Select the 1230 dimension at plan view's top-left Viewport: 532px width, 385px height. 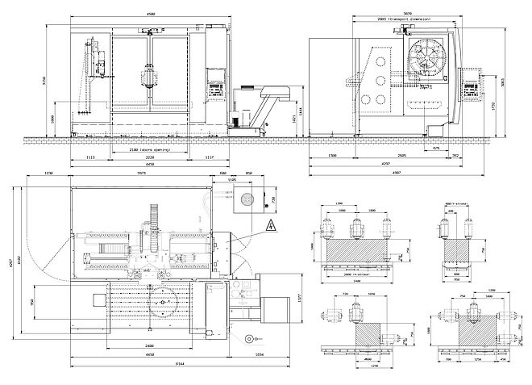click(48, 174)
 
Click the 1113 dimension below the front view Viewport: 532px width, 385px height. click(90, 157)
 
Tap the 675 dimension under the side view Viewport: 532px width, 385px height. click(436, 149)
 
